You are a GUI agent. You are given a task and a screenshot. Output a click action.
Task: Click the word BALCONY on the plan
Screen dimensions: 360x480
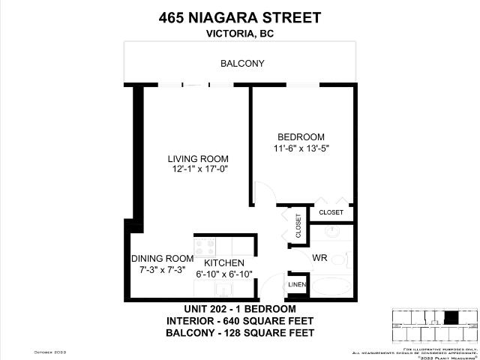pos(241,64)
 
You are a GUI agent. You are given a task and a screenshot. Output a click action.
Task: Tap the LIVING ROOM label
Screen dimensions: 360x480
pos(197,159)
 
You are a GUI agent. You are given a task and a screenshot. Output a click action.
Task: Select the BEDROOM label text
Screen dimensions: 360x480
pos(301,137)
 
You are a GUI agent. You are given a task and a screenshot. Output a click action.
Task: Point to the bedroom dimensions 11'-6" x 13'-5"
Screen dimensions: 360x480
pos(301,148)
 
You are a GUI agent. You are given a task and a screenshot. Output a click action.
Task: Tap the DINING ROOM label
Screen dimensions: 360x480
pos(162,258)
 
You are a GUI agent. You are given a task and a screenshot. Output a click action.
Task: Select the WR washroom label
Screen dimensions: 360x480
pos(320,258)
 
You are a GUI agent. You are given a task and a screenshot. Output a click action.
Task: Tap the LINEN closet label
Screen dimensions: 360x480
pos(296,286)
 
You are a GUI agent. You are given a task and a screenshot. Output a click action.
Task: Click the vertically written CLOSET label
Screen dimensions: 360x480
pos(298,226)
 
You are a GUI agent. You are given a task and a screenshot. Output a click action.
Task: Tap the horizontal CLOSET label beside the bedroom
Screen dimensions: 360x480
pos(331,213)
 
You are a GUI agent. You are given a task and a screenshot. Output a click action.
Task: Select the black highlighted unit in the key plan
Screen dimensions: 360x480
pos(451,318)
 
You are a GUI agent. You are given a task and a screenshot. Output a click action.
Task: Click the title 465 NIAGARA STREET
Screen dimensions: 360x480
pos(240,17)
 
